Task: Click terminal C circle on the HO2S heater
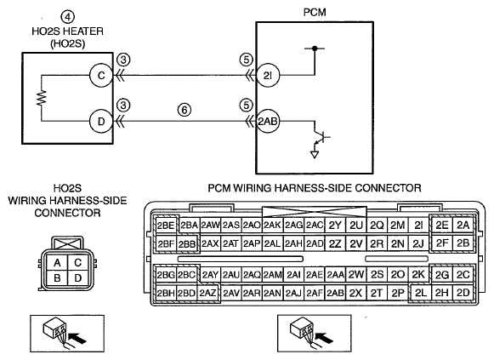tap(101, 76)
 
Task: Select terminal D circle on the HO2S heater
tap(101, 122)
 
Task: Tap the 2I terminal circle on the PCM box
tap(268, 76)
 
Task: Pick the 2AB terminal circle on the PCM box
tap(268, 122)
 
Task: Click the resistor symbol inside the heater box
tap(42, 98)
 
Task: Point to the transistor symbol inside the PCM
tap(321, 137)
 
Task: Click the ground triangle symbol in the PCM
tap(315, 154)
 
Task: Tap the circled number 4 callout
tap(67, 17)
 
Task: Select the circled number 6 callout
tap(185, 110)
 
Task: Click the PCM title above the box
tap(315, 12)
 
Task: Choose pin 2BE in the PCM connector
tap(166, 226)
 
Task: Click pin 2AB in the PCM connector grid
tap(335, 293)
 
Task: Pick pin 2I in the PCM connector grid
tap(418, 226)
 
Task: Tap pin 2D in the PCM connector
tap(463, 293)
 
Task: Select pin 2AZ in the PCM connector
tap(207, 293)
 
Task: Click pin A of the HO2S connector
tap(57, 263)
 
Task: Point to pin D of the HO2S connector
tap(78, 278)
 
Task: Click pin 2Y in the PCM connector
tap(335, 226)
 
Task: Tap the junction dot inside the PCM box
tap(315, 49)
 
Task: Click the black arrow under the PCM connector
tap(325, 338)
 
